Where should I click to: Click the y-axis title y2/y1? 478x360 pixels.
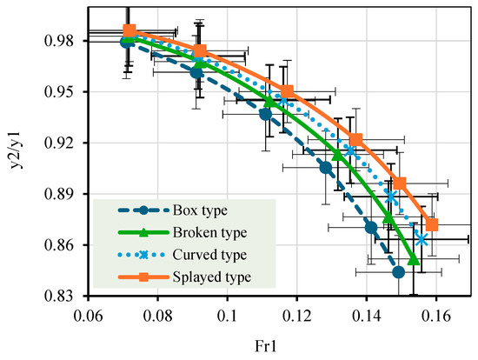16,150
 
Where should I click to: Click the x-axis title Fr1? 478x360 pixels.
266,347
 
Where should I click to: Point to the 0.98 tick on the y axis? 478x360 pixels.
59,41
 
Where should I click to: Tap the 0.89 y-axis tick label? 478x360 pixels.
59,194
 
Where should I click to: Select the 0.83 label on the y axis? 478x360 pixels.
59,296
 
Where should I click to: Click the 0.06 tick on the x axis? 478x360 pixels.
89,317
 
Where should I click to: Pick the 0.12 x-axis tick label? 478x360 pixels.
297,317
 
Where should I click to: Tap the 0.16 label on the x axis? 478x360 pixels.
436,317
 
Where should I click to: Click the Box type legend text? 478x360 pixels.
200,210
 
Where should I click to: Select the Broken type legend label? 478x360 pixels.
209,232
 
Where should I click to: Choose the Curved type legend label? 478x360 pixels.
209,255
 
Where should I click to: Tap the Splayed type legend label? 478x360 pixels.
212,277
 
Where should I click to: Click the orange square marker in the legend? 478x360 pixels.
143,277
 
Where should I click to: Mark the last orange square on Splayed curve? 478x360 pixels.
432,225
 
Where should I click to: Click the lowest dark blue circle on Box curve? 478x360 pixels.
398,272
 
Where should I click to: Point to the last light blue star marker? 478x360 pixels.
422,240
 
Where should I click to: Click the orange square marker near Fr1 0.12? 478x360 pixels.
287,91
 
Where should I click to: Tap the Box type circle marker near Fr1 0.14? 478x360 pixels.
371,228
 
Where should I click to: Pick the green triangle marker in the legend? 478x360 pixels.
143,232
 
